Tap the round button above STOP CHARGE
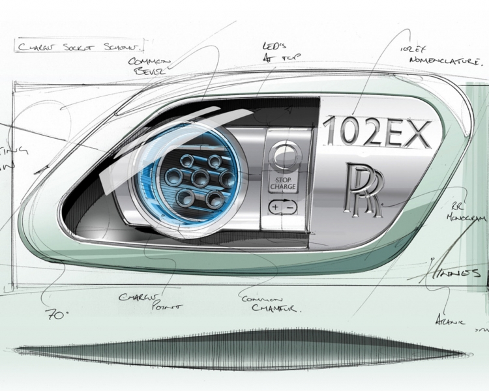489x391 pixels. tap(282, 157)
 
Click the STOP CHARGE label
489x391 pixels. tap(282, 183)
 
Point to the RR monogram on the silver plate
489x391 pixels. tap(364, 189)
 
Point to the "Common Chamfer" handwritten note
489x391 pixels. tap(271, 304)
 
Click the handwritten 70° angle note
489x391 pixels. tap(57, 313)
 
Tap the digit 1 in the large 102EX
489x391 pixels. tap(331, 133)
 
